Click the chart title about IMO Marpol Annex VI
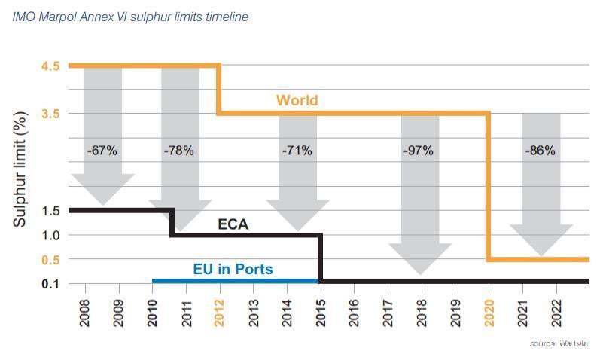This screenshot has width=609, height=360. [130, 17]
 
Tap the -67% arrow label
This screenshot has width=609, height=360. [102, 151]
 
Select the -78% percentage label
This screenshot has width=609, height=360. [178, 151]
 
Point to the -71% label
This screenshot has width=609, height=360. [297, 151]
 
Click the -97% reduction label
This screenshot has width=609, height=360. [418, 151]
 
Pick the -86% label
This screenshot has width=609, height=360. [540, 151]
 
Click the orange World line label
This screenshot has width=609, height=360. [297, 100]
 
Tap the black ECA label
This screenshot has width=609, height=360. [233, 224]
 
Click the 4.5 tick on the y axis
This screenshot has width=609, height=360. [50, 66]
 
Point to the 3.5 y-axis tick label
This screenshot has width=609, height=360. [50, 114]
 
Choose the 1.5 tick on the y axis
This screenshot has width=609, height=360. [50, 211]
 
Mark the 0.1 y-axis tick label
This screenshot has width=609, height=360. [50, 284]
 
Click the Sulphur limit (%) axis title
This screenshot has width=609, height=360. [20, 169]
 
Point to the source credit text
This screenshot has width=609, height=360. [559, 343]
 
